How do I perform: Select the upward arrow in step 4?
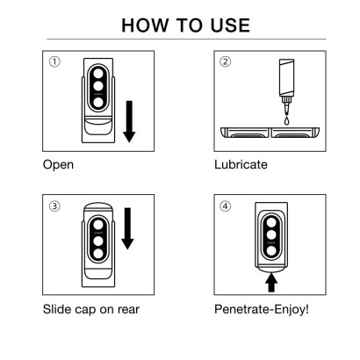[x=272, y=280]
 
